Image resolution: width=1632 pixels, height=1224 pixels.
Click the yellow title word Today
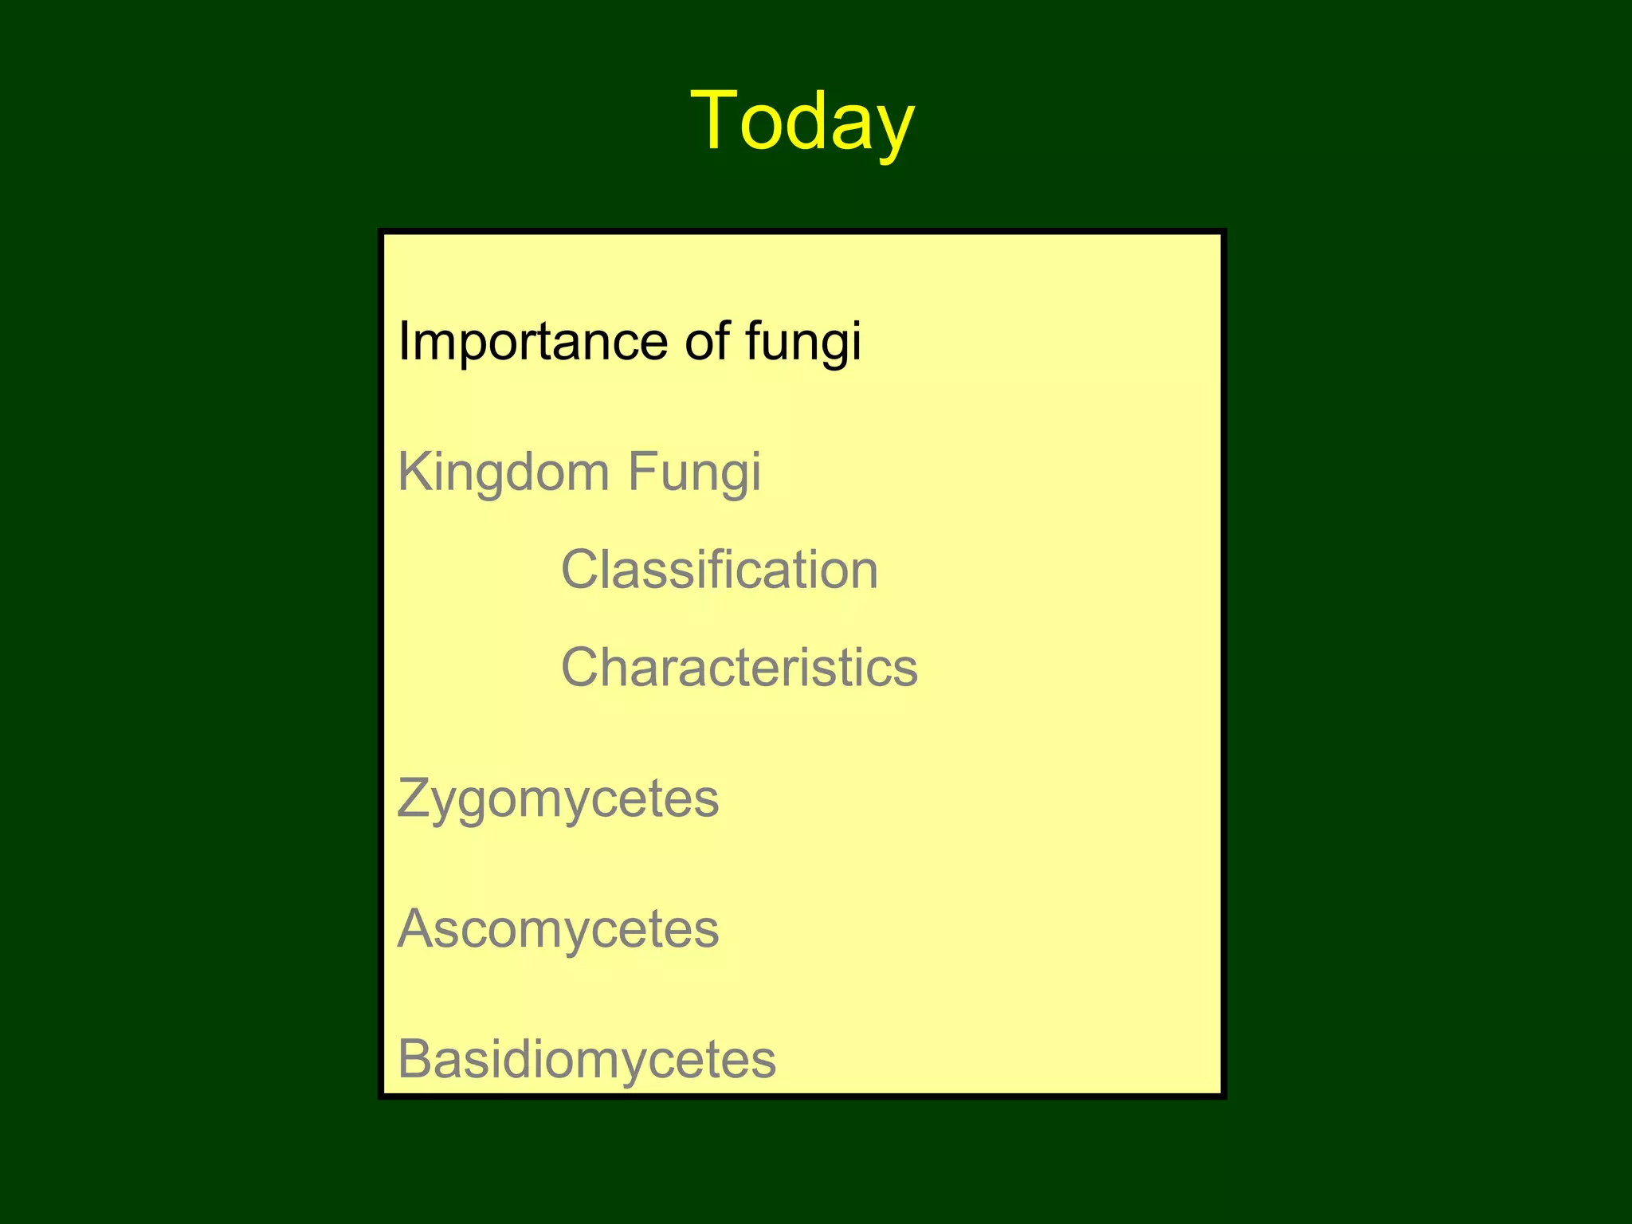802,122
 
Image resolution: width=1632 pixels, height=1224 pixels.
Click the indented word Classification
720,571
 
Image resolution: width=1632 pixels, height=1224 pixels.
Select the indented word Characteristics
739,668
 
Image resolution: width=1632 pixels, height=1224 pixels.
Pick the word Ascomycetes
558,929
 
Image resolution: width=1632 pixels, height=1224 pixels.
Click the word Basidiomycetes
586,1060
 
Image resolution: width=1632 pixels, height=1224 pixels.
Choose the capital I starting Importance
402,340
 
